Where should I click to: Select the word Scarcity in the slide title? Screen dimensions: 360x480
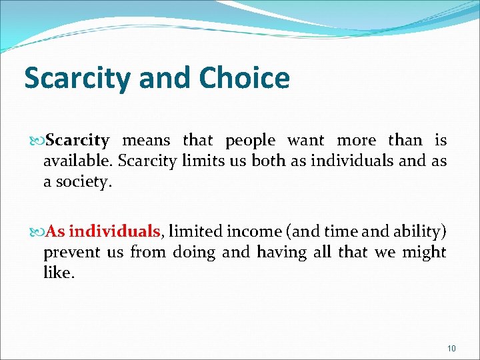(x=78, y=79)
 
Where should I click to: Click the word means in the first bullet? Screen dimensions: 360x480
(x=147, y=141)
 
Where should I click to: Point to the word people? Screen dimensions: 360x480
(x=250, y=141)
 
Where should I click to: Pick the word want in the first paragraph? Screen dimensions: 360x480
(x=306, y=141)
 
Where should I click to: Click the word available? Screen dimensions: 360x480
(x=72, y=161)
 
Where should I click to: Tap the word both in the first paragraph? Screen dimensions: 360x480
(x=269, y=161)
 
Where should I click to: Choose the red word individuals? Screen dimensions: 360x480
(x=114, y=232)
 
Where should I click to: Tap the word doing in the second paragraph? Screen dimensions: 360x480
(x=195, y=253)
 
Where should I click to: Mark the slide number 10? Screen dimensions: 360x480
(x=451, y=348)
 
